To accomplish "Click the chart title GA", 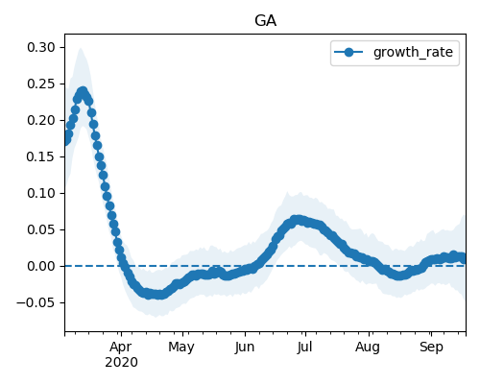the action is (265, 21).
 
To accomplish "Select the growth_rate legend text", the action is (413, 53).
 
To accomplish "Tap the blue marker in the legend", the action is (348, 52).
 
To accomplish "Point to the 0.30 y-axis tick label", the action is (41, 47).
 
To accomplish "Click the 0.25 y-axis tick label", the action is (41, 84).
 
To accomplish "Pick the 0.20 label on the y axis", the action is (41, 120).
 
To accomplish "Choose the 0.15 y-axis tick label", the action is (41, 156).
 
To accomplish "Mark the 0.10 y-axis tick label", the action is (41, 193).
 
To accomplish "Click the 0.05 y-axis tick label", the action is (41, 229).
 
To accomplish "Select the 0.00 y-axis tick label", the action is (41, 266).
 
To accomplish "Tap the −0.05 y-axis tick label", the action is (36, 302).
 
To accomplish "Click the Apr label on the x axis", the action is (121, 348).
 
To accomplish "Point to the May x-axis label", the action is (181, 348).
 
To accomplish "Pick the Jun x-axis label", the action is (245, 348).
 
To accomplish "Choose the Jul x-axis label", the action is (304, 348).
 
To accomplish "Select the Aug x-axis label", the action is (368, 348).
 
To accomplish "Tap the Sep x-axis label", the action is (431, 348).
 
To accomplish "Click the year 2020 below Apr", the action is (121, 363).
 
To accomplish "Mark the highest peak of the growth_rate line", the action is (83, 92).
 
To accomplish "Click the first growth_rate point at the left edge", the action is (65, 140).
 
